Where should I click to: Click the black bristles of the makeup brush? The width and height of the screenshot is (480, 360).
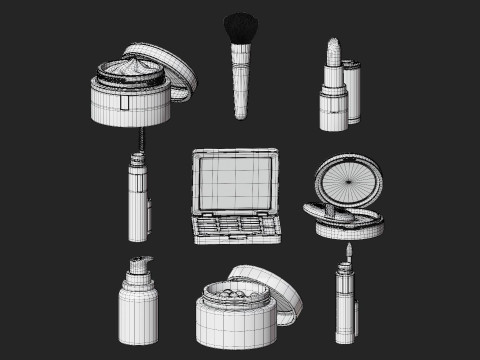click(x=239, y=28)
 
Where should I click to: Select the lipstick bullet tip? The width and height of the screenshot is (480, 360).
click(x=333, y=52)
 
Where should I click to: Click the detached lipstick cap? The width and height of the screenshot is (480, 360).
click(x=352, y=92)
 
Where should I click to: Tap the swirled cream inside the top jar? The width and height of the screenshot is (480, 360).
click(x=130, y=69)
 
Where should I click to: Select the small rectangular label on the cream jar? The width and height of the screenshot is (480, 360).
click(x=126, y=101)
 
